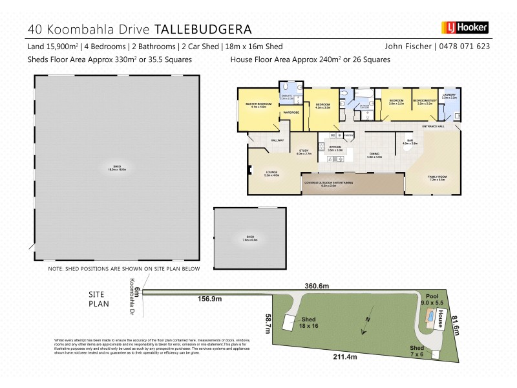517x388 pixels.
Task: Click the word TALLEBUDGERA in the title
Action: pos(203,30)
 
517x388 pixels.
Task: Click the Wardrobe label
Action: pos(291,113)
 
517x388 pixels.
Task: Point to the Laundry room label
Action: pos(449,96)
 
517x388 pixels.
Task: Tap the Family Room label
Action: pos(438,178)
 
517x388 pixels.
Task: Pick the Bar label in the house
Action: pos(410,142)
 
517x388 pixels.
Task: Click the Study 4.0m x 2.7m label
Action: pos(304,153)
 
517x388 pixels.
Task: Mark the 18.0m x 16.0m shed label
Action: pos(117,168)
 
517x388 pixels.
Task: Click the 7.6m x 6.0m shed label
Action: pos(249,238)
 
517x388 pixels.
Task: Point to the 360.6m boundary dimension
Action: pos(317,286)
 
